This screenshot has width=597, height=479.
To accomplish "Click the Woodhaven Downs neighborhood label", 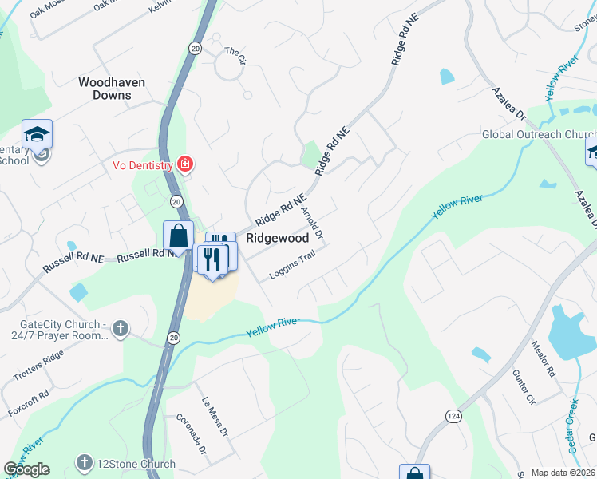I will pyautogui.click(x=105, y=88).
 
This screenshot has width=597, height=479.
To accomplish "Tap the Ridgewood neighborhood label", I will pyautogui.click(x=277, y=238).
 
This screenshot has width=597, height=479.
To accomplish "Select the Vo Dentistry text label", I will pyautogui.click(x=142, y=165).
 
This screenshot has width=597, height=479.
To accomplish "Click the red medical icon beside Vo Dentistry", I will pyautogui.click(x=185, y=164).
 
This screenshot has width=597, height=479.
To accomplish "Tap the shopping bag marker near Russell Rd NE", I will pyautogui.click(x=178, y=237).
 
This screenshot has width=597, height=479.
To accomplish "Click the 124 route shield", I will pyautogui.click(x=453, y=416).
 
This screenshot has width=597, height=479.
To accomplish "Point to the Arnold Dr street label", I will pyautogui.click(x=312, y=224).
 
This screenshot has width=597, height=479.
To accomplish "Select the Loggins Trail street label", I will pyautogui.click(x=292, y=265).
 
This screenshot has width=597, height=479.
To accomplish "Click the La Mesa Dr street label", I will pyautogui.click(x=215, y=417).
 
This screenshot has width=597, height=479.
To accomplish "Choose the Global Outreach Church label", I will pyautogui.click(x=539, y=134).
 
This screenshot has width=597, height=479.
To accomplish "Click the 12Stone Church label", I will pyautogui.click(x=136, y=464).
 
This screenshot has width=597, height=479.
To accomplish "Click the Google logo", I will pyautogui.click(x=27, y=469).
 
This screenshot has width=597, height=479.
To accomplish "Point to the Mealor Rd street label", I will pyautogui.click(x=544, y=358).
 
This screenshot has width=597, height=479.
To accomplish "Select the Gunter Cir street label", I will pyautogui.click(x=523, y=388).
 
